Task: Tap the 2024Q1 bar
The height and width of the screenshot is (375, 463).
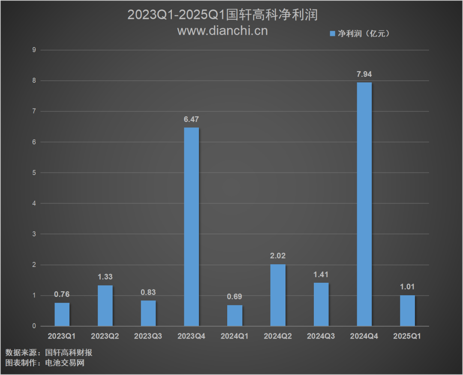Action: pyautogui.click(x=235, y=315)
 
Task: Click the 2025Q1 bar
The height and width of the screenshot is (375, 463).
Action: pyautogui.click(x=407, y=311)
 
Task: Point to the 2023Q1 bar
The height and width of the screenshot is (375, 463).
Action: pyautogui.click(x=62, y=315)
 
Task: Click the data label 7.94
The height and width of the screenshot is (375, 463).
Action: pyautogui.click(x=364, y=74)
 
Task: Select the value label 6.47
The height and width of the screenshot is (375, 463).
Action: pyautogui.click(x=191, y=119)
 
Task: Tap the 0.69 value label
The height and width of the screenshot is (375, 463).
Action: pyautogui.click(x=235, y=297)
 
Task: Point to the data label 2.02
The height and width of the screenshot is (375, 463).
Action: pyautogui.click(x=278, y=256)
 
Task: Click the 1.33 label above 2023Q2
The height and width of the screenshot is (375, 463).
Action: pyautogui.click(x=105, y=277)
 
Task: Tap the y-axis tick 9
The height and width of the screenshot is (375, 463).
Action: pyautogui.click(x=34, y=50)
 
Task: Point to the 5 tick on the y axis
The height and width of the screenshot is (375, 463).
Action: pyautogui.click(x=34, y=173)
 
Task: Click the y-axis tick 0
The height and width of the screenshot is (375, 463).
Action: pyautogui.click(x=34, y=327)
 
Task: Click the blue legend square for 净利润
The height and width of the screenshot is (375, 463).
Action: pyautogui.click(x=332, y=33)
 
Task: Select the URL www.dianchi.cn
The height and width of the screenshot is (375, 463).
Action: pyautogui.click(x=222, y=30)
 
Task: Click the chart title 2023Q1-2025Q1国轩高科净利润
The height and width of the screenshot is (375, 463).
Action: pyautogui.click(x=222, y=15)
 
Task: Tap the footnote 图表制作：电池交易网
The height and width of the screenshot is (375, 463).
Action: pyautogui.click(x=45, y=363)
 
